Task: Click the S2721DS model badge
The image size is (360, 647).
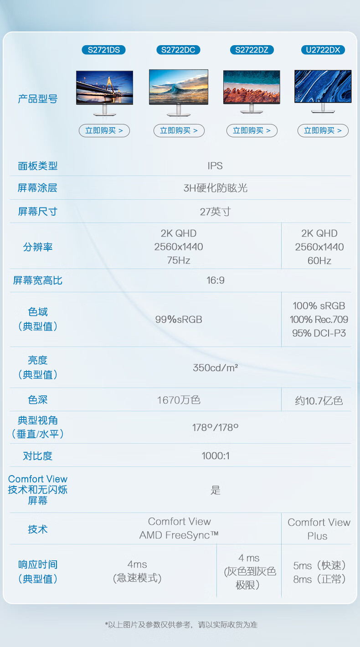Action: coord(103,50)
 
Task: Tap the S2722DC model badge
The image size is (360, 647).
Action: coord(178,50)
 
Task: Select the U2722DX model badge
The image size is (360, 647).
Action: coord(323,50)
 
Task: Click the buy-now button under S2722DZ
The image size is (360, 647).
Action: coord(252,130)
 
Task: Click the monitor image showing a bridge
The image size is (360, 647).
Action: coord(104,93)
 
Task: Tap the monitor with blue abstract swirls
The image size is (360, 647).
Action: coord(323,91)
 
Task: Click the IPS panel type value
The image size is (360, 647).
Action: coord(215,166)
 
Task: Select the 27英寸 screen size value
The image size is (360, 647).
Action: coord(216,212)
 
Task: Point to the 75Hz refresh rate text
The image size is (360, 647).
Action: coord(179,260)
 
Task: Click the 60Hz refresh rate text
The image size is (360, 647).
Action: coord(319,260)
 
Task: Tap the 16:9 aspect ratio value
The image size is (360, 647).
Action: coord(216,280)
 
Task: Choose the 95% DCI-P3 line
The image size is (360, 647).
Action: coord(319,333)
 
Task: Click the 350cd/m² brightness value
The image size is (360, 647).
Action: coord(216,367)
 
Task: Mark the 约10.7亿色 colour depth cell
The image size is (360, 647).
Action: coord(319,401)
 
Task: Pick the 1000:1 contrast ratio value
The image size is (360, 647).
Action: coord(216,456)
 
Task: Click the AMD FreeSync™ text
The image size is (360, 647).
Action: coord(179,535)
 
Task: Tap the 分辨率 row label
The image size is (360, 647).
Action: coord(37,247)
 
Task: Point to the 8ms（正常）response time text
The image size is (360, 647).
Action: coord(319,579)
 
